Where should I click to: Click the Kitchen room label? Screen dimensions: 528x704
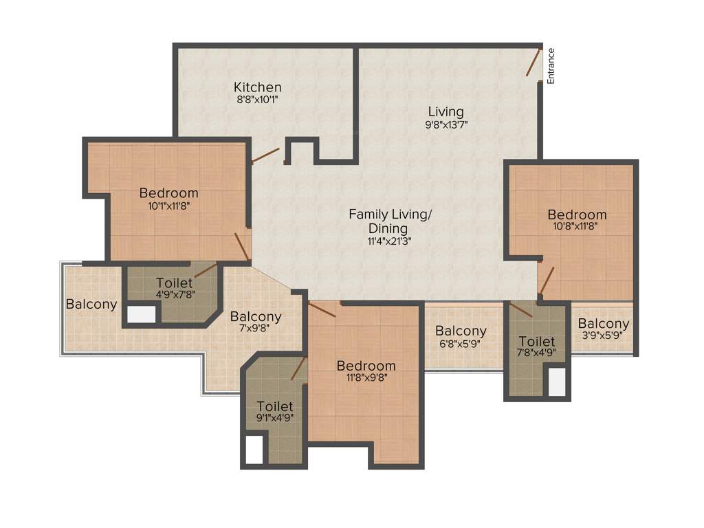point(257,87)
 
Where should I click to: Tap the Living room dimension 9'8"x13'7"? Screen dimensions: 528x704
point(445,124)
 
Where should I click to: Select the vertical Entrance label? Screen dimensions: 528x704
point(551,66)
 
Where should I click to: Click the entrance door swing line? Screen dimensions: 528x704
point(533,63)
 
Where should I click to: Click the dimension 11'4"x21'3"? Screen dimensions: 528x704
point(389,241)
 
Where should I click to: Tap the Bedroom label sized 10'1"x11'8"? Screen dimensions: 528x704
point(168,193)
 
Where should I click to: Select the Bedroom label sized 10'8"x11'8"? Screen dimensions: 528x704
point(577,214)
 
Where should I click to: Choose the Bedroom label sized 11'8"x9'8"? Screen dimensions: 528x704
point(366,366)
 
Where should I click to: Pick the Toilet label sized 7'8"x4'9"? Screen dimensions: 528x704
point(537,342)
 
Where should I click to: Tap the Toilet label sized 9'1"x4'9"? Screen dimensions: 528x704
point(274,406)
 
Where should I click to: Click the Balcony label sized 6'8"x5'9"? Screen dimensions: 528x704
point(461,331)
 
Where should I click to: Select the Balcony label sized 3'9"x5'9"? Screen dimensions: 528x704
point(603,324)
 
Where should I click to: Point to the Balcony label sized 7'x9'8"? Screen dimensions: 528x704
point(256,317)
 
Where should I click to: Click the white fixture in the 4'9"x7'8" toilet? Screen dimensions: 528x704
point(142,314)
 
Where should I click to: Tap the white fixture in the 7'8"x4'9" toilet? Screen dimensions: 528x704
point(557,382)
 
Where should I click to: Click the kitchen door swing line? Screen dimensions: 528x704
point(265,155)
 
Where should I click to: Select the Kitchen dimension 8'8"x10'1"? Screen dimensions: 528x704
point(257,100)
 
